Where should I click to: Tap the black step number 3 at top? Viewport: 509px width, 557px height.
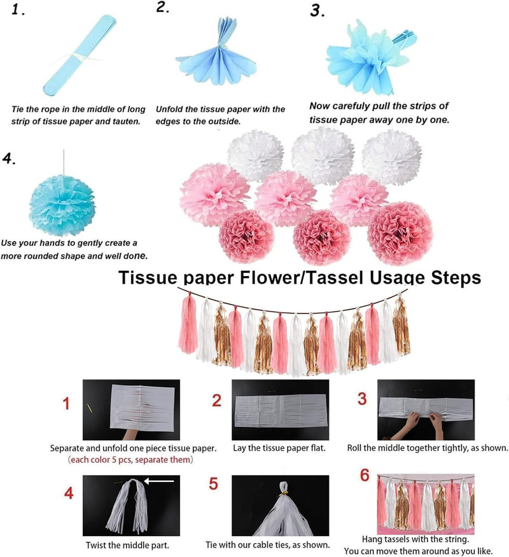pos(317,10)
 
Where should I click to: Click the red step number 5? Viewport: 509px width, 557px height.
pos(213,484)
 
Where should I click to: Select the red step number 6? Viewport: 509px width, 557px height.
pos(365,475)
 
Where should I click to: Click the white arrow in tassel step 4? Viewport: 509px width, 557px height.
pos(159,481)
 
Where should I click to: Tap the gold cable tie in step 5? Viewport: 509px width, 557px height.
pos(283,494)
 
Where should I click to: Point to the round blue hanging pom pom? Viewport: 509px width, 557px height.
pos(62,205)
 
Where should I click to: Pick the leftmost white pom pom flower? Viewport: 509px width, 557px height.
pos(255,155)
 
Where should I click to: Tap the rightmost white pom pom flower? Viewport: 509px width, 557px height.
pos(392,157)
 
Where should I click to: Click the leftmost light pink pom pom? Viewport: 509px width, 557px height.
pos(214,195)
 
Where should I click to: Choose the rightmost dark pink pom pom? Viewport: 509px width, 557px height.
pos(400,233)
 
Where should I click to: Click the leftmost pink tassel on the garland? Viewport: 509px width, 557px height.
pos(189,323)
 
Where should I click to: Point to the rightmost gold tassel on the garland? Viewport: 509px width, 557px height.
pos(401,326)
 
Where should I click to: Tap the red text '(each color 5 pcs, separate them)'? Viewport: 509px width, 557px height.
pos(130,460)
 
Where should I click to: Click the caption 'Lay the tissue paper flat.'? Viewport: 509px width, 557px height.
pos(279,448)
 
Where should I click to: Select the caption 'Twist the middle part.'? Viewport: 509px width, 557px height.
pos(128,545)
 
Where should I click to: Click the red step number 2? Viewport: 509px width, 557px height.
pos(217,401)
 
